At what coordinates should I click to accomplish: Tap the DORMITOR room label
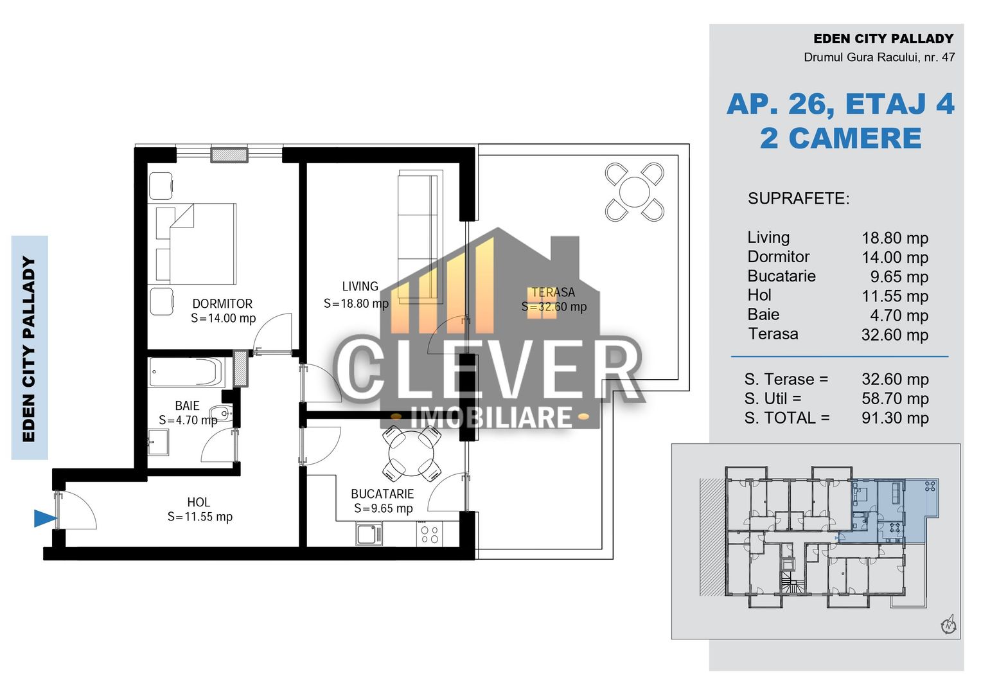click(222, 304)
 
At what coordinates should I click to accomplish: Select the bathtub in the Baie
click(186, 373)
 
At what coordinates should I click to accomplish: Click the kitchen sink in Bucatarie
click(369, 535)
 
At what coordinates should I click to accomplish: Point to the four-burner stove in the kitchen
click(430, 535)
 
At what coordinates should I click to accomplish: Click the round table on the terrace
click(635, 192)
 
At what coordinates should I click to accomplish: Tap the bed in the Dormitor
click(196, 244)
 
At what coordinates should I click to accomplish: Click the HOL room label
click(199, 503)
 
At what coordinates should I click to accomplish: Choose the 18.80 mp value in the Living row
click(894, 238)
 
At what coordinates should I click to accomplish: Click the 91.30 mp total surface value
click(895, 418)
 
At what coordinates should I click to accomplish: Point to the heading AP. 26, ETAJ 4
click(840, 104)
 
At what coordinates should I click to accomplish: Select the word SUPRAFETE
click(798, 199)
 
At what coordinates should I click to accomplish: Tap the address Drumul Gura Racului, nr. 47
click(879, 57)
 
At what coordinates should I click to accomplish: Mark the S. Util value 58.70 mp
click(895, 399)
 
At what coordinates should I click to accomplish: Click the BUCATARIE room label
click(382, 494)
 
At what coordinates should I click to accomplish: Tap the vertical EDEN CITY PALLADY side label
click(29, 349)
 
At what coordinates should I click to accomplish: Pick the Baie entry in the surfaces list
click(763, 315)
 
